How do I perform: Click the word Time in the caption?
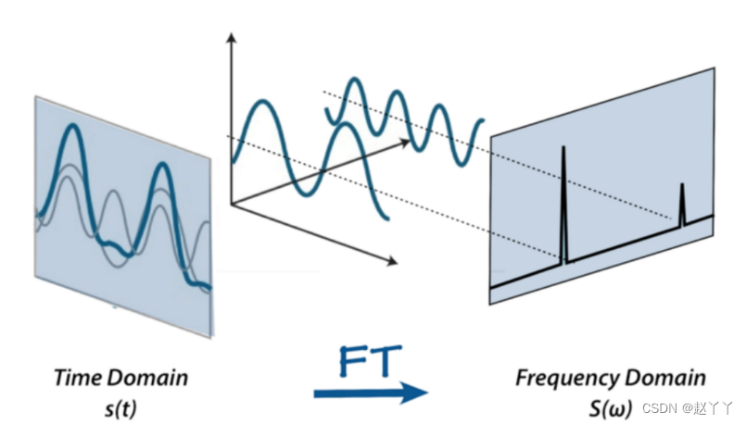(76, 378)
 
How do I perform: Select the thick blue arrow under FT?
(371, 393)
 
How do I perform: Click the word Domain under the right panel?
(664, 378)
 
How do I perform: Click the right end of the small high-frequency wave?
(481, 121)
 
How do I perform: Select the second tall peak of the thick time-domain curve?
(163, 167)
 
